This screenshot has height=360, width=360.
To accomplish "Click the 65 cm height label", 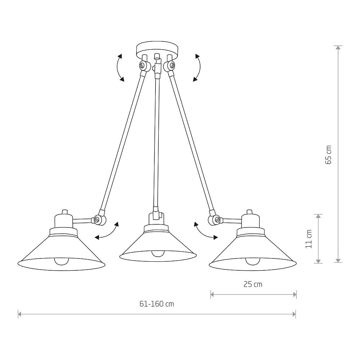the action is [x=329, y=154].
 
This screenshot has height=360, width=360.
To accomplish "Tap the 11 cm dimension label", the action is [x=309, y=239].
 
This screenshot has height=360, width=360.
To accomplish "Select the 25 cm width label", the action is [x=253, y=284].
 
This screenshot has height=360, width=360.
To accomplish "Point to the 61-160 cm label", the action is [x=157, y=304].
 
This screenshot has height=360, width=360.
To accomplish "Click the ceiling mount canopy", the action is [x=157, y=50].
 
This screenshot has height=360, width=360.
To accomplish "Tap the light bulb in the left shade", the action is [x=61, y=261].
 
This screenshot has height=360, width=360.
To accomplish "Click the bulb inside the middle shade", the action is [x=158, y=253].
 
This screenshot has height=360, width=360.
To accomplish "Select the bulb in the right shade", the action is [x=253, y=261].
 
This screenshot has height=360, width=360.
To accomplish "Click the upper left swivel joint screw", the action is [x=143, y=66].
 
